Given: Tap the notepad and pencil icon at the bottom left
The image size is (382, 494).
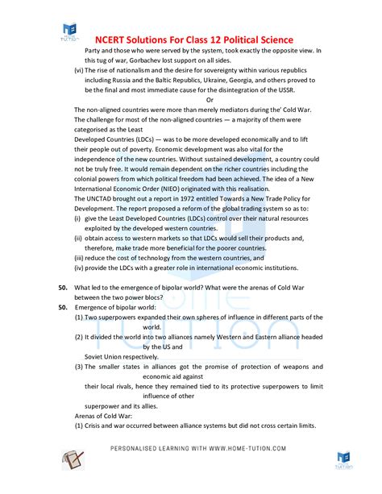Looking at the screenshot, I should click(x=75, y=460).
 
